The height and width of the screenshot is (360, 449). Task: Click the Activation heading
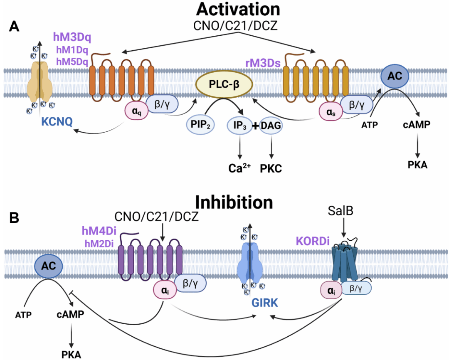click(238, 9)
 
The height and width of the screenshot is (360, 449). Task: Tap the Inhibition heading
click(234, 202)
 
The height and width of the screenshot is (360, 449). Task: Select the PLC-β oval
click(224, 84)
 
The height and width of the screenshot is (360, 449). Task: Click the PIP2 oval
click(198, 125)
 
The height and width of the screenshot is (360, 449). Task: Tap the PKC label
click(271, 169)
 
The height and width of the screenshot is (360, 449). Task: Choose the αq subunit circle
click(136, 111)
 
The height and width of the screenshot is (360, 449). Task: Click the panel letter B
click(14, 217)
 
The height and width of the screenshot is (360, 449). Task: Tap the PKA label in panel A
click(417, 165)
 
